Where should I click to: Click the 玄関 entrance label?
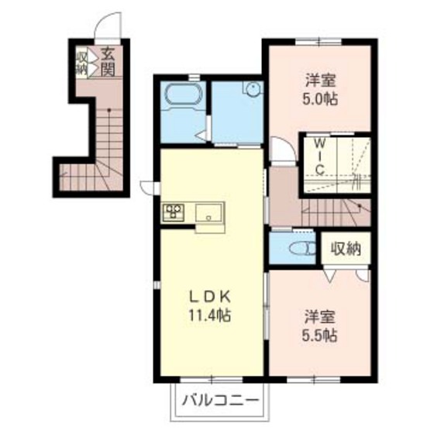108,62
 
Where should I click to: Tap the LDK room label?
209,298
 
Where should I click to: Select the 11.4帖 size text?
209,315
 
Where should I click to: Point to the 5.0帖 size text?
320,99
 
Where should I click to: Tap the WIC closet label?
320,157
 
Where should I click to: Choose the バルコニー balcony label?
221,400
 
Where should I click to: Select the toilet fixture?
302,248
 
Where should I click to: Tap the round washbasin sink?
253,89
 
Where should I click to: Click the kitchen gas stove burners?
174,212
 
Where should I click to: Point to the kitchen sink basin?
209,212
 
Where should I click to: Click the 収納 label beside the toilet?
346,249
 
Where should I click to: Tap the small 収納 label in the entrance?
82,63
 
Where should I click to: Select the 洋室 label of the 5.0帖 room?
320,81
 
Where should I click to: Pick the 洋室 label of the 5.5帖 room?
319,317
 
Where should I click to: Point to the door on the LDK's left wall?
150,188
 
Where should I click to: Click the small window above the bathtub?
195,77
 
